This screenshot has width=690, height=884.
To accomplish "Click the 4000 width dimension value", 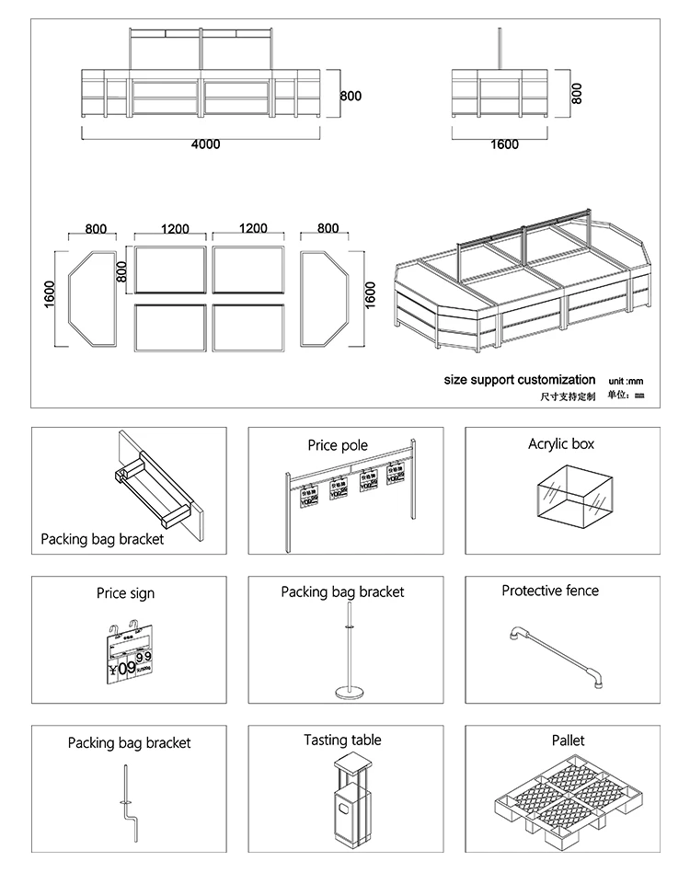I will point(205,144).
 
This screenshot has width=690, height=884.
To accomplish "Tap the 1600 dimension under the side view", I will point(504,144).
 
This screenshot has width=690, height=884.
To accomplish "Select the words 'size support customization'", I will point(519,380).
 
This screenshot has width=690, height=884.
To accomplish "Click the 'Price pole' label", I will point(338,445).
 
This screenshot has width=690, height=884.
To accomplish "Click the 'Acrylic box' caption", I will point(561,444).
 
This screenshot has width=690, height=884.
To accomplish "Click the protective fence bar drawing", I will point(554,655).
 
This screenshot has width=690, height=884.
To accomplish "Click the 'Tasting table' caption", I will point(342,740).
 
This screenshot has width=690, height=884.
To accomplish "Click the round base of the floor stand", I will point(347,692).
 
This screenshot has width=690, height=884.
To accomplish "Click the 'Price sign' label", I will point(125,593).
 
